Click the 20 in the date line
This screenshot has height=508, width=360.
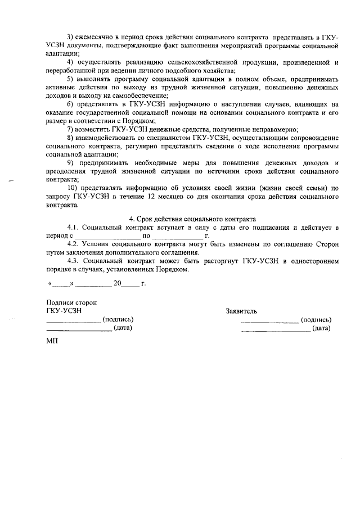pyautogui.click(x=117, y=283)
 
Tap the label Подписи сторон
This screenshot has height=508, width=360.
pyautogui.click(x=71, y=302)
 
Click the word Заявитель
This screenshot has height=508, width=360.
pyautogui.click(x=241, y=311)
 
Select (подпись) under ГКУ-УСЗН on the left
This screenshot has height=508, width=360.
pyautogui.click(x=118, y=320)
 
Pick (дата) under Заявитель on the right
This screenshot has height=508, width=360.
pyautogui.click(x=322, y=328)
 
